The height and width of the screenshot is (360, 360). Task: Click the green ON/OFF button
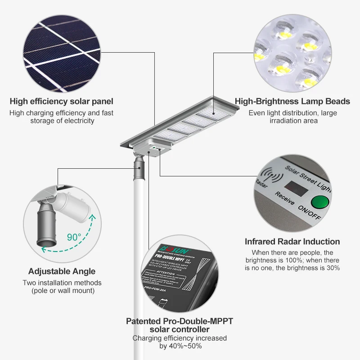(321, 202)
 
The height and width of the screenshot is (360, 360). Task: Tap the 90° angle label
(74, 236)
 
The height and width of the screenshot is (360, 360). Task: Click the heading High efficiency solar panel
(61, 102)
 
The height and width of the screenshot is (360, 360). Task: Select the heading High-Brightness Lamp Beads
(293, 102)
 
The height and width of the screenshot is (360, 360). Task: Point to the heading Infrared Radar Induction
(292, 242)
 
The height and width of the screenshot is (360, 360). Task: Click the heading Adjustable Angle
(62, 271)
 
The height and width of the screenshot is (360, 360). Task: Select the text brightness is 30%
(310, 268)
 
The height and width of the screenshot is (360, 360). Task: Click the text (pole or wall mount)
(63, 291)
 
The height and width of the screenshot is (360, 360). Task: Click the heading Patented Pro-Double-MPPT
(180, 321)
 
